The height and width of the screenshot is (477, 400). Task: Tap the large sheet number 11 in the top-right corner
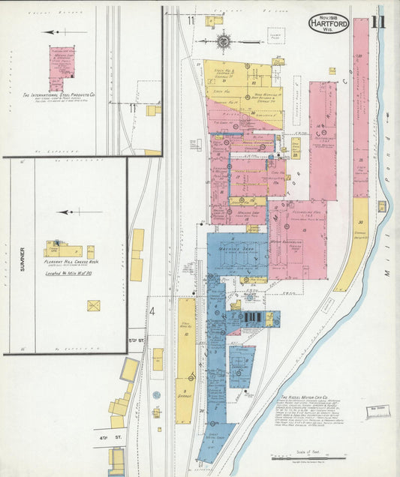(x=377, y=22)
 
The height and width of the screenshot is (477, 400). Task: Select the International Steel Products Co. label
(x=59, y=94)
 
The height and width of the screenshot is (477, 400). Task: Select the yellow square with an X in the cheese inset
(x=94, y=305)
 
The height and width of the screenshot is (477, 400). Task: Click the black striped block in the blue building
(x=253, y=319)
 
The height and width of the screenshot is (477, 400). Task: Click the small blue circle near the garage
(x=157, y=394)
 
